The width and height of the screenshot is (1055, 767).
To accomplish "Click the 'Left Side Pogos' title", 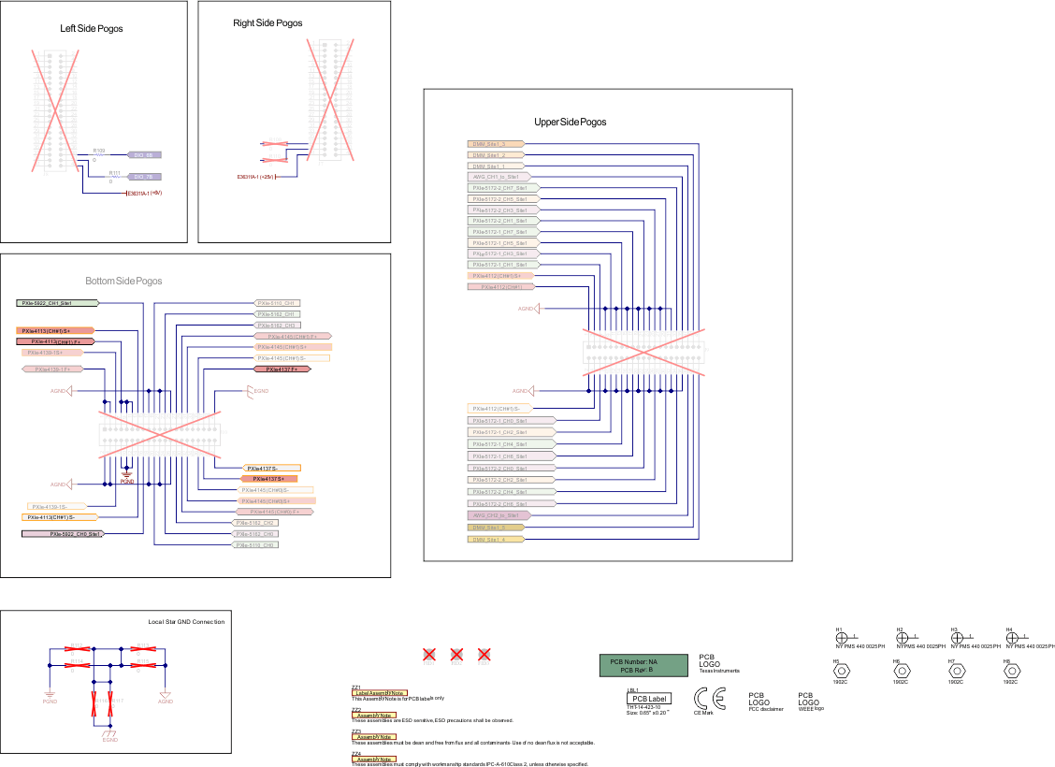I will pyautogui.click(x=92, y=29).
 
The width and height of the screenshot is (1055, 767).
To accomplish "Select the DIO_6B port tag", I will pyautogui.click(x=143, y=154).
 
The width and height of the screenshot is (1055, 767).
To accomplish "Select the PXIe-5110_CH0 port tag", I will pyautogui.click(x=256, y=544).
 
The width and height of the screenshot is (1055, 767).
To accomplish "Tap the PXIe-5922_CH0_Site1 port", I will pyautogui.click(x=63, y=533).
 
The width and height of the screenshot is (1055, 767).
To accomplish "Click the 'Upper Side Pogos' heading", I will pyautogui.click(x=570, y=123).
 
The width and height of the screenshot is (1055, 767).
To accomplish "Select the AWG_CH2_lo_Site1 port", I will pyautogui.click(x=498, y=515).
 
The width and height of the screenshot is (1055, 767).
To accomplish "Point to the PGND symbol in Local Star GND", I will pyautogui.click(x=50, y=693).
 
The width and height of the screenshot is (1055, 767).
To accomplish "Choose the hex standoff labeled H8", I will pyautogui.click(x=1010, y=670).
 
